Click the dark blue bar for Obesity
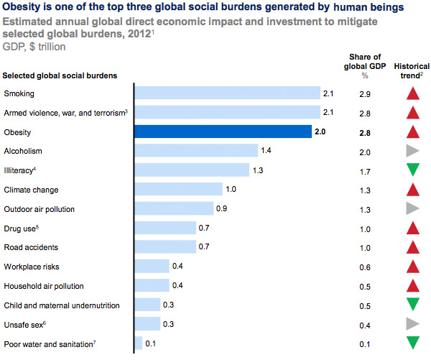(223, 131)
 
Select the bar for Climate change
(178, 189)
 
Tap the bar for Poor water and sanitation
(139, 343)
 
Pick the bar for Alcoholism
(196, 150)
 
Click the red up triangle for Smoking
(412, 93)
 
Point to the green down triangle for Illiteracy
(412, 170)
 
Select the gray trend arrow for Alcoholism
(412, 151)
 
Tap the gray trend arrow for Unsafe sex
(412, 324)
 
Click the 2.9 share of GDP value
(365, 94)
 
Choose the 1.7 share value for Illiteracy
(365, 171)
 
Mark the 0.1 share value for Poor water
(365, 344)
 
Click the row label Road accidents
(31, 247)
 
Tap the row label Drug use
(21, 228)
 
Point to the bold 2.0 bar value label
(320, 132)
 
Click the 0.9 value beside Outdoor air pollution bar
(221, 209)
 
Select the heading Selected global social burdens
(60, 75)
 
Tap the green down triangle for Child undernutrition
(412, 305)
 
